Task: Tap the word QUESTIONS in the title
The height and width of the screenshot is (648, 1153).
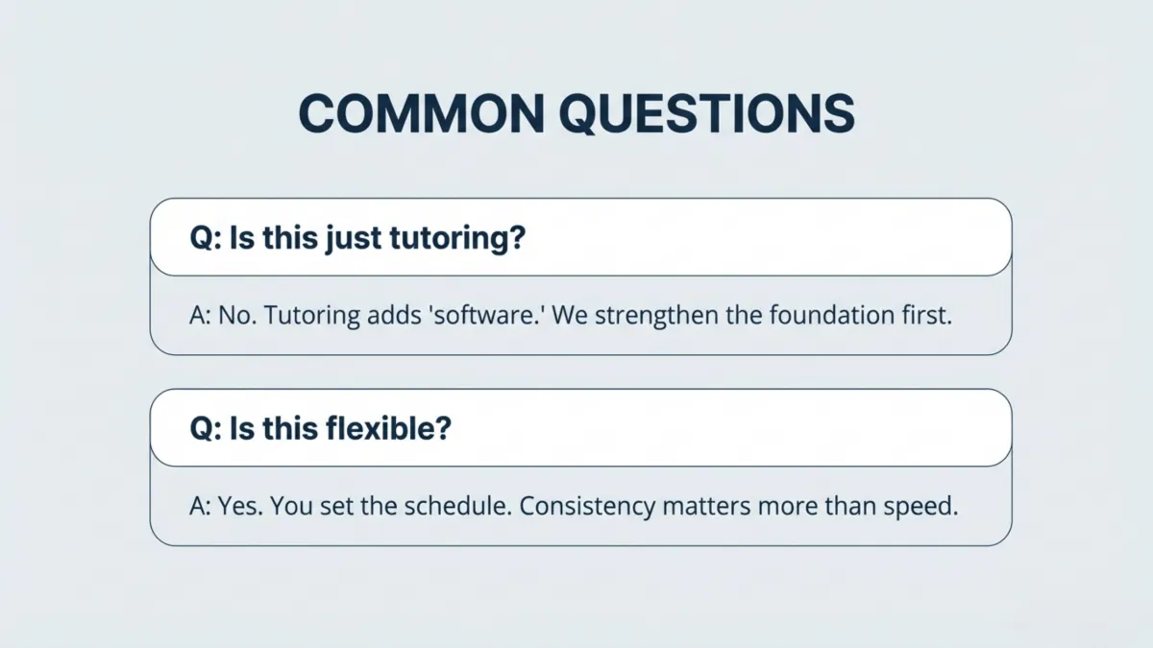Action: [706, 113]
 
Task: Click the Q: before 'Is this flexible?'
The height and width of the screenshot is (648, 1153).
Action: [205, 428]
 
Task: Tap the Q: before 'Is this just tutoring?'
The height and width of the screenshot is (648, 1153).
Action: [205, 238]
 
